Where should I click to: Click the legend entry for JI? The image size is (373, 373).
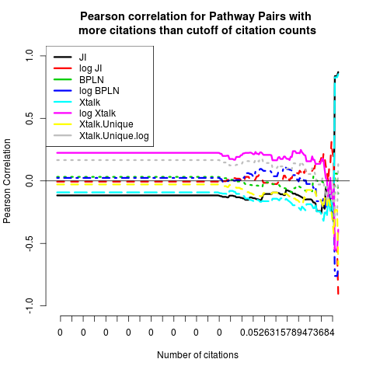tap(82, 57)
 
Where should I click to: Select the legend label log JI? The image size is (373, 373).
tap(91, 68)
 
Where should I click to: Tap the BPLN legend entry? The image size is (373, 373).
tap(92, 79)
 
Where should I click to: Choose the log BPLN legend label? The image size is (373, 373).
tap(99, 91)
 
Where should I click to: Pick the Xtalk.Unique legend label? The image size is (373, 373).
tap(106, 124)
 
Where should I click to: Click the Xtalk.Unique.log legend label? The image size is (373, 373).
tap(114, 136)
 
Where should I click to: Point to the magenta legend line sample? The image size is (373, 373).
tap(63, 113)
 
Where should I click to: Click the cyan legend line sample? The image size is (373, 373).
tap(63, 102)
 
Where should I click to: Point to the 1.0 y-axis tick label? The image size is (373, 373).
tap(30, 55)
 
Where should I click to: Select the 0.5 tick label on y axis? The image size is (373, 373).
tap(30, 118)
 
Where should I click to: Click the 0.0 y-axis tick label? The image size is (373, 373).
tap(30, 180)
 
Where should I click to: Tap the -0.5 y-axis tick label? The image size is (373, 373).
tap(30, 243)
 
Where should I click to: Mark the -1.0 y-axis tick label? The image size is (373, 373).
tap(30, 305)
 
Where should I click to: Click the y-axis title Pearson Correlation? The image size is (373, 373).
tap(7, 181)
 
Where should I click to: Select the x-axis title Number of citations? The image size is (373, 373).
tap(197, 355)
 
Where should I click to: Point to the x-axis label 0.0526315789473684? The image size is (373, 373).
tap(287, 333)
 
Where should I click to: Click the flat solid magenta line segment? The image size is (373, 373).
tap(138, 153)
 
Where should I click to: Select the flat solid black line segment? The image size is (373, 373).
tap(138, 195)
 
